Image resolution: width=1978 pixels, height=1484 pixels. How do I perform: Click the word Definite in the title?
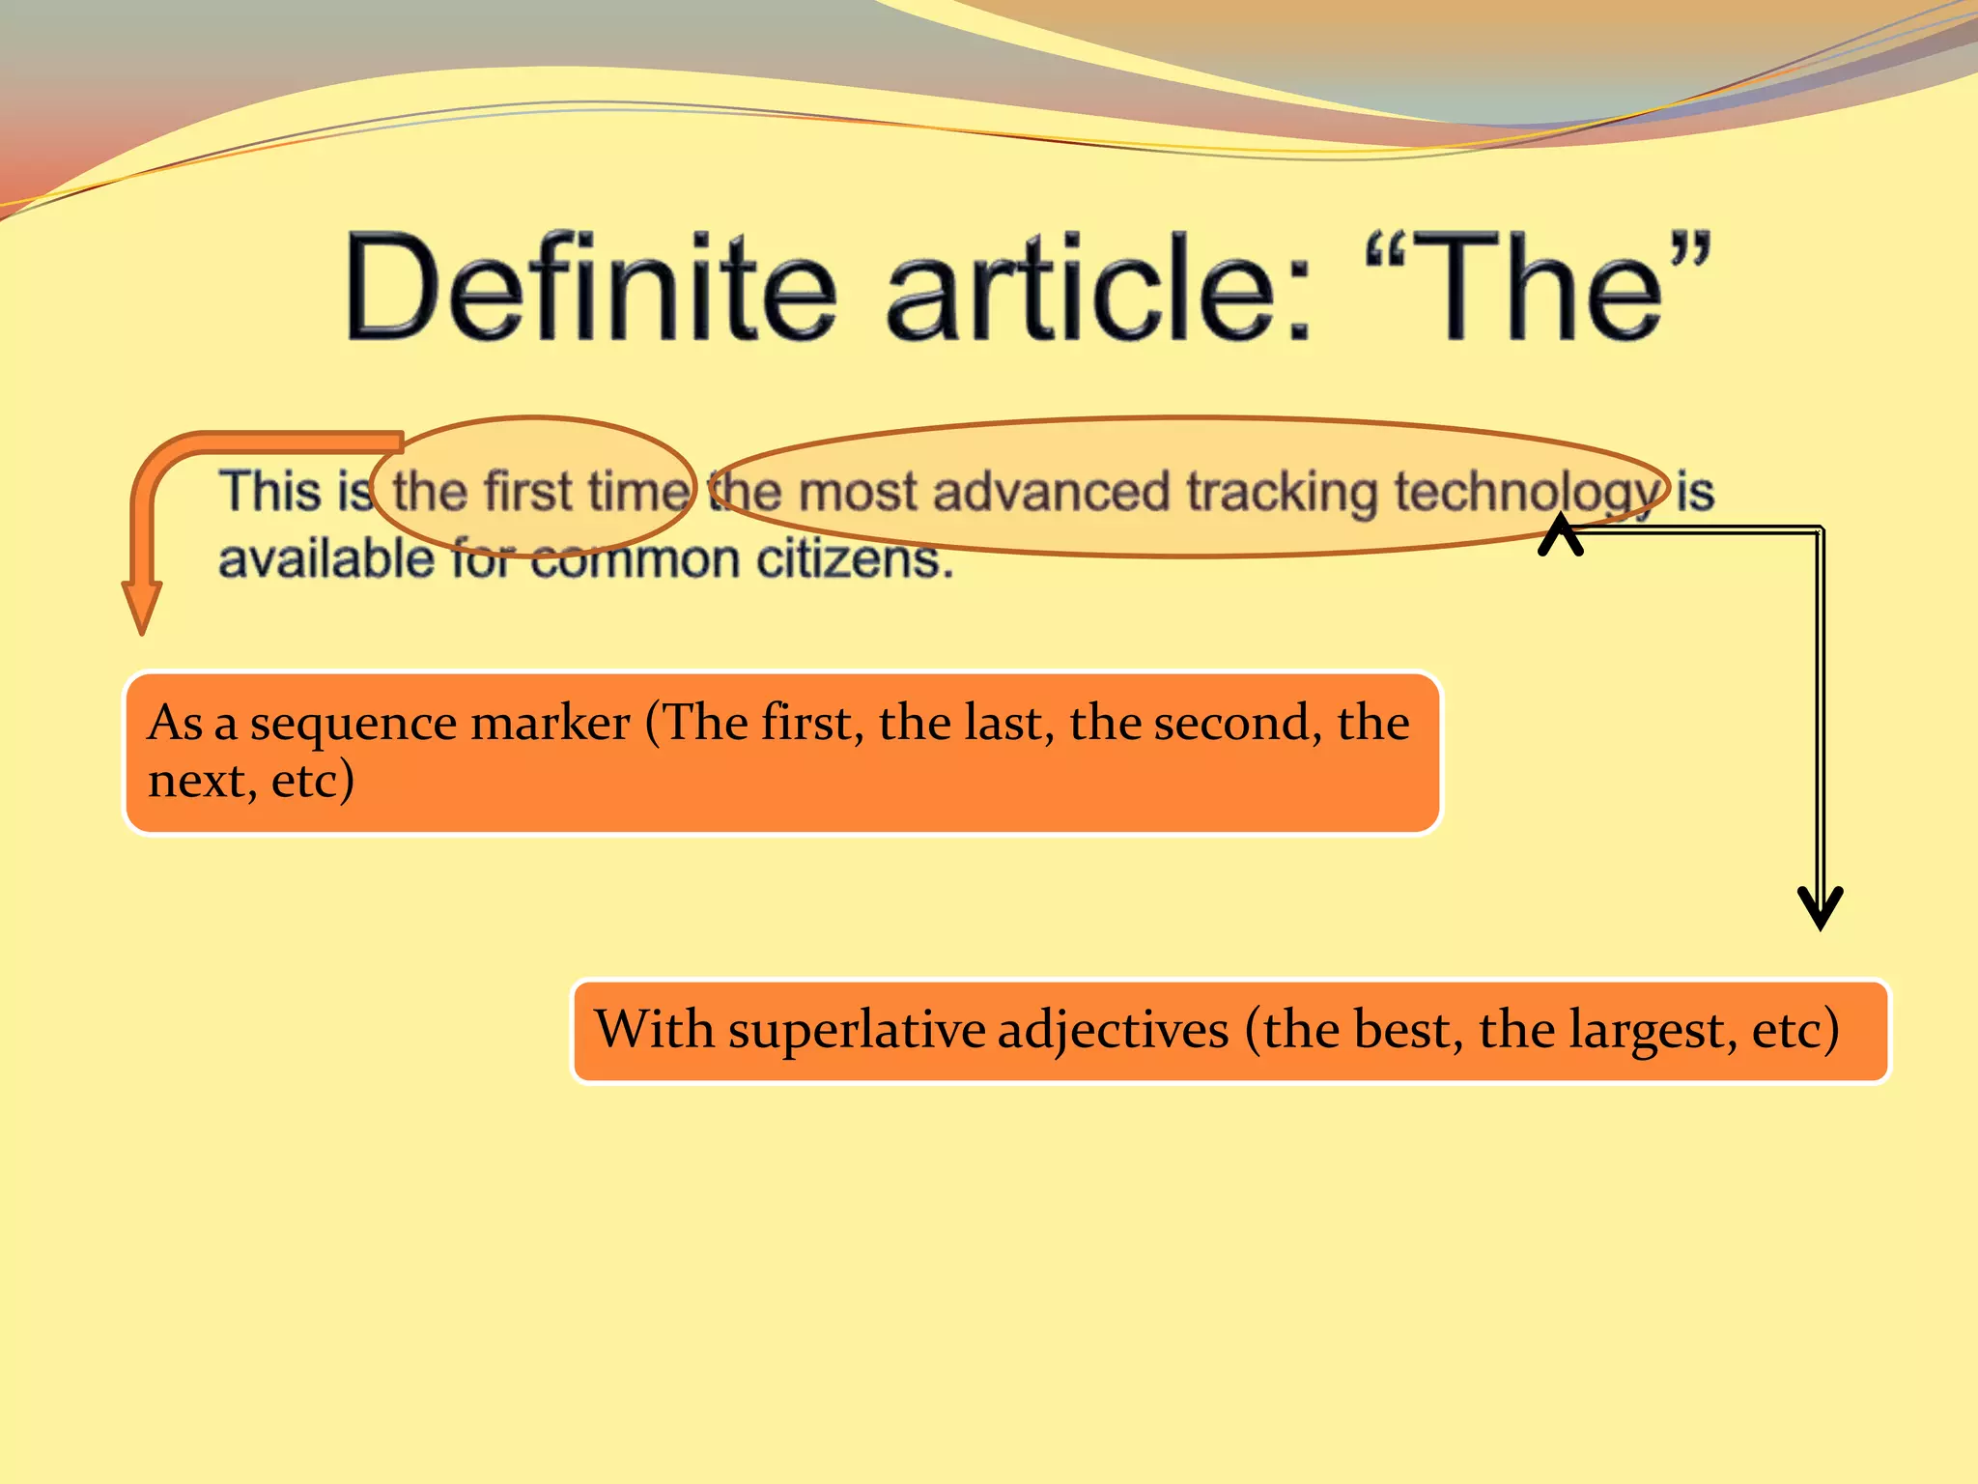(x=590, y=287)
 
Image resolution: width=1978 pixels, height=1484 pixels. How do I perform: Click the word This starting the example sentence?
(x=269, y=490)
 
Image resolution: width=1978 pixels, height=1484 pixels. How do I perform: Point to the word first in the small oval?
(x=527, y=490)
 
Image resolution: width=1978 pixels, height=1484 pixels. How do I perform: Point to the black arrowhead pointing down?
(x=1821, y=908)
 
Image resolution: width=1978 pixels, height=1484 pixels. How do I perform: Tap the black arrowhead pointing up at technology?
(x=1561, y=534)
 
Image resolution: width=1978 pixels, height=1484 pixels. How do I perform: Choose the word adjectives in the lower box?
(x=1113, y=1030)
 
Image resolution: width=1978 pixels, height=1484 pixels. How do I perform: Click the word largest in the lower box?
(x=1654, y=1030)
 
